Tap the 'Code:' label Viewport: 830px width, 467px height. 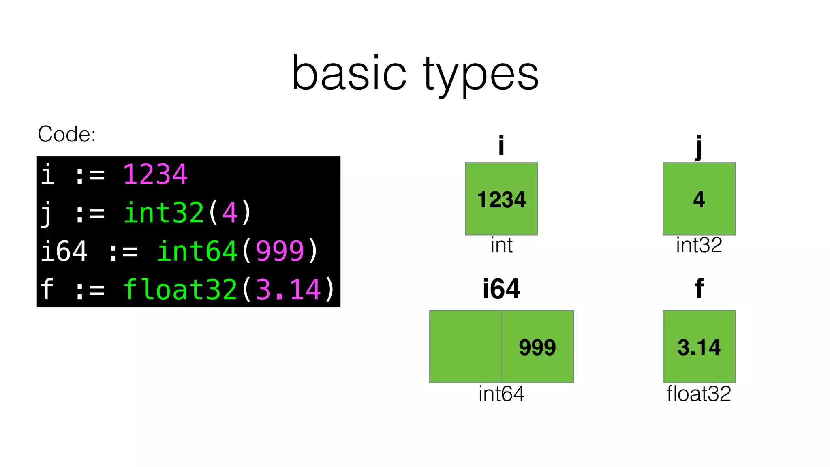66,134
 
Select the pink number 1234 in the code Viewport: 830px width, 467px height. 155,175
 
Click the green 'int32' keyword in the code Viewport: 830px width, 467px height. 164,213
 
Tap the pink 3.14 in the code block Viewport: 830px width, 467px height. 288,289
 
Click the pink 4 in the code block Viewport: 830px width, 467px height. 230,213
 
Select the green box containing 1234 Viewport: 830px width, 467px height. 501,199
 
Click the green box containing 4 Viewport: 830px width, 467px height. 699,199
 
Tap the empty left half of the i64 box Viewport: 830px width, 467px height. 465,346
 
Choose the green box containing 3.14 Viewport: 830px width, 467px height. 699,346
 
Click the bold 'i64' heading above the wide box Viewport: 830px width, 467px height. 501,289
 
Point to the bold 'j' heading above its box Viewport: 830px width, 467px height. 699,146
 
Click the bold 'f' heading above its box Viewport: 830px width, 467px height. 699,289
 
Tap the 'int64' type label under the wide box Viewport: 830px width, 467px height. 501,394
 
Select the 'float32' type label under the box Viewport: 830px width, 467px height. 699,394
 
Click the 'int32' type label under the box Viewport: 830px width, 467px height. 699,245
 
